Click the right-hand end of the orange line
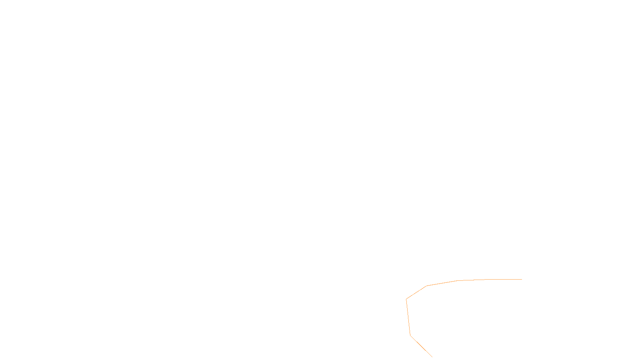point(522,279)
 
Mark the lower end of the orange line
point(432,357)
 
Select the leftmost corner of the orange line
point(406,299)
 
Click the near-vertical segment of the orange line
point(408,317)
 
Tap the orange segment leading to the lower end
point(421,346)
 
